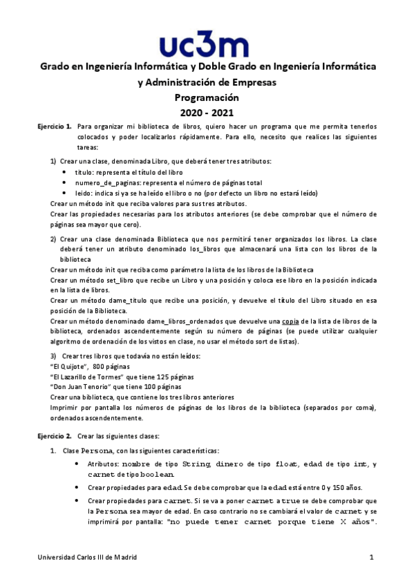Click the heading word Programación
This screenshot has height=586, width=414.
pyautogui.click(x=206, y=97)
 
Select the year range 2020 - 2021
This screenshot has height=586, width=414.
pyautogui.click(x=207, y=112)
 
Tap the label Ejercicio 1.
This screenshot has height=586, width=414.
pyautogui.click(x=55, y=127)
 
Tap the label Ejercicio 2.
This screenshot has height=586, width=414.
pyautogui.click(x=55, y=436)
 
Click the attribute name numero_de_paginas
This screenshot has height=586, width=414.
pyautogui.click(x=108, y=182)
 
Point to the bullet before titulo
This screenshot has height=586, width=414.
pyautogui.click(x=65, y=172)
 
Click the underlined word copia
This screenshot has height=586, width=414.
pyautogui.click(x=289, y=321)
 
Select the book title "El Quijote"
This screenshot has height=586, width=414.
pyautogui.click(x=69, y=366)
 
